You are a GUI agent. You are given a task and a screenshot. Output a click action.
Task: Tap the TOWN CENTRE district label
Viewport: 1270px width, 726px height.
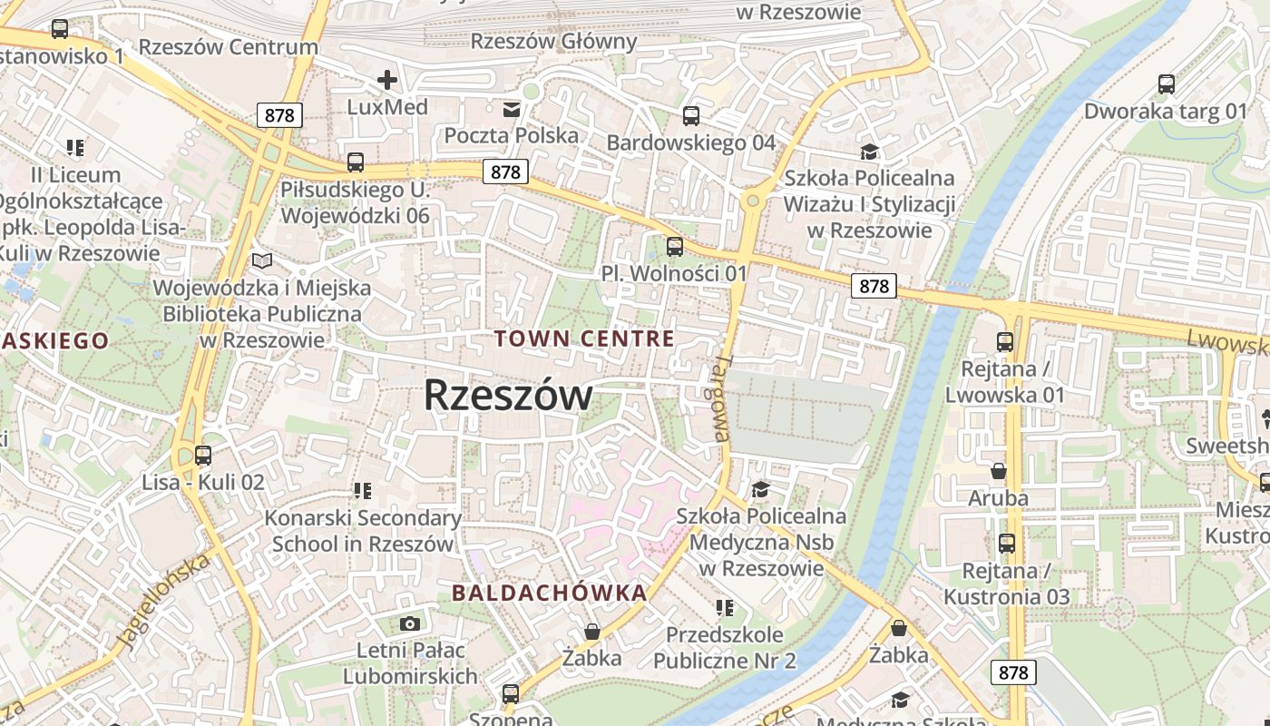point(584,339)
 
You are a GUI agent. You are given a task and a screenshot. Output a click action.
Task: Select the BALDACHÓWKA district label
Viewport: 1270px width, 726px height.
point(550,594)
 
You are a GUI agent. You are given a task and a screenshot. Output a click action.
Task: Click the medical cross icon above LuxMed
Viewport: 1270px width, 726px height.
point(387,80)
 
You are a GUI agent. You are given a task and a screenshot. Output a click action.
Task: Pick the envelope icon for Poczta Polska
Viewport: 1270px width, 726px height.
point(512,110)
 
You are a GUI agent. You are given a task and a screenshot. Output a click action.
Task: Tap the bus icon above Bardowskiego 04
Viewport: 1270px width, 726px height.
point(691,115)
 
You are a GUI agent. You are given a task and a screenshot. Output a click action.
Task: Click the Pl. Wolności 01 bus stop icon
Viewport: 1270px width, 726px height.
point(674,246)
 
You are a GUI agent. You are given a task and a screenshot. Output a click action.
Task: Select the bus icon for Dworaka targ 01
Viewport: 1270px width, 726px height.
point(1167,84)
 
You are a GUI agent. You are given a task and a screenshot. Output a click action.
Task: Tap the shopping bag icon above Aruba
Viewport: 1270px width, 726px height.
point(998,471)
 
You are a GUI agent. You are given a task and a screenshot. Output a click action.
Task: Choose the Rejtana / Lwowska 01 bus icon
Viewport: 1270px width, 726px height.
point(1004,342)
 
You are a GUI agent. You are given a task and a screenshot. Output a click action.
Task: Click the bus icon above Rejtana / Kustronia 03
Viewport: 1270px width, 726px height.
point(1006,544)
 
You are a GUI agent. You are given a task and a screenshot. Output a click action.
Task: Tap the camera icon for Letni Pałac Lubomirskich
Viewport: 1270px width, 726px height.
point(410,623)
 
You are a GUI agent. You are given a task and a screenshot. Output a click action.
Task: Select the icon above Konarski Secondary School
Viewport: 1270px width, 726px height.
point(363,491)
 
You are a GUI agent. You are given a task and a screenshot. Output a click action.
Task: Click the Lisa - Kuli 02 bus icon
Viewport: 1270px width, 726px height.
point(203,456)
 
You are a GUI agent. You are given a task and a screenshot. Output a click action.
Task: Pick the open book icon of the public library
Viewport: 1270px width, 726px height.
point(262,261)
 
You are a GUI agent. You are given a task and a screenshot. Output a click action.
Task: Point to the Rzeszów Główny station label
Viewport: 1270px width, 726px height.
point(554,41)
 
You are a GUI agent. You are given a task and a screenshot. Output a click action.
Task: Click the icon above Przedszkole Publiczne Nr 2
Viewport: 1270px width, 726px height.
point(724,607)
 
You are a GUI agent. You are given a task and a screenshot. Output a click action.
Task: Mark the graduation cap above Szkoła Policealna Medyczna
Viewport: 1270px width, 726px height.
point(760,490)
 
